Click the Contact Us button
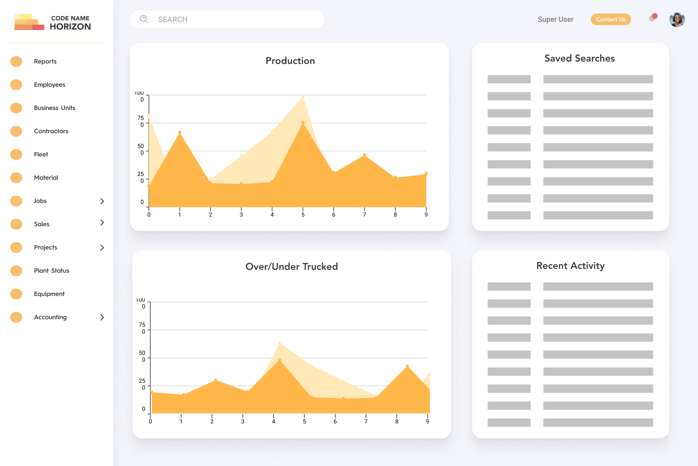tap(611, 19)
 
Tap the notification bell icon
tap(652, 19)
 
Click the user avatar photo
tap(677, 19)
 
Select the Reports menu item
tap(45, 62)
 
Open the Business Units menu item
tap(54, 108)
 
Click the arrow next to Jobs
tap(102, 201)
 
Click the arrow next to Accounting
tap(102, 317)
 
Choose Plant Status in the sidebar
tap(51, 271)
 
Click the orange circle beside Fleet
tap(16, 155)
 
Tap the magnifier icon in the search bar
tap(143, 19)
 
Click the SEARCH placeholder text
tap(173, 20)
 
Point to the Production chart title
tap(290, 61)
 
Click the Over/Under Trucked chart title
tap(291, 267)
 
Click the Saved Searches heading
tap(579, 59)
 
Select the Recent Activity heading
tap(570, 266)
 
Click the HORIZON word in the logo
tap(70, 27)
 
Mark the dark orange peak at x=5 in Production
tap(303, 123)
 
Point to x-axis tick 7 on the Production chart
tap(365, 215)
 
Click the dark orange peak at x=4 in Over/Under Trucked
tap(280, 360)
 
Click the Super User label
tap(555, 19)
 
